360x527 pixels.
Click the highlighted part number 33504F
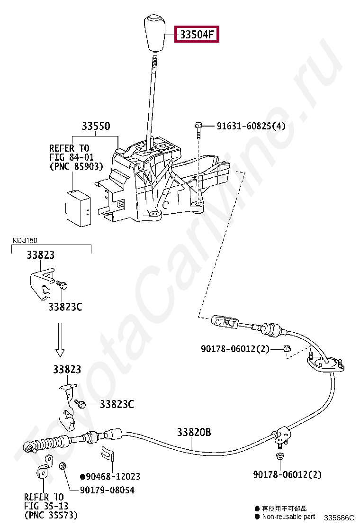click(197, 34)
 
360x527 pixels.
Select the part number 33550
click(96, 126)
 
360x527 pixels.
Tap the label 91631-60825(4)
click(251, 126)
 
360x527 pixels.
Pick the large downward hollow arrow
click(60, 339)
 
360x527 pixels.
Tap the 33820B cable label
click(194, 432)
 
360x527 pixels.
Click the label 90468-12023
click(110, 477)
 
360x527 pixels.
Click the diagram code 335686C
click(339, 518)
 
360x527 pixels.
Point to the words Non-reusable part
click(288, 516)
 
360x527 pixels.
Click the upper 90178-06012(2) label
click(235, 349)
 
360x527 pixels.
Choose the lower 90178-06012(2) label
click(287, 474)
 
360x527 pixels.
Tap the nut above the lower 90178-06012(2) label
click(279, 457)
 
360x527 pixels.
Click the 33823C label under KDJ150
click(65, 307)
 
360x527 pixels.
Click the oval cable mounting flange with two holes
click(325, 364)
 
